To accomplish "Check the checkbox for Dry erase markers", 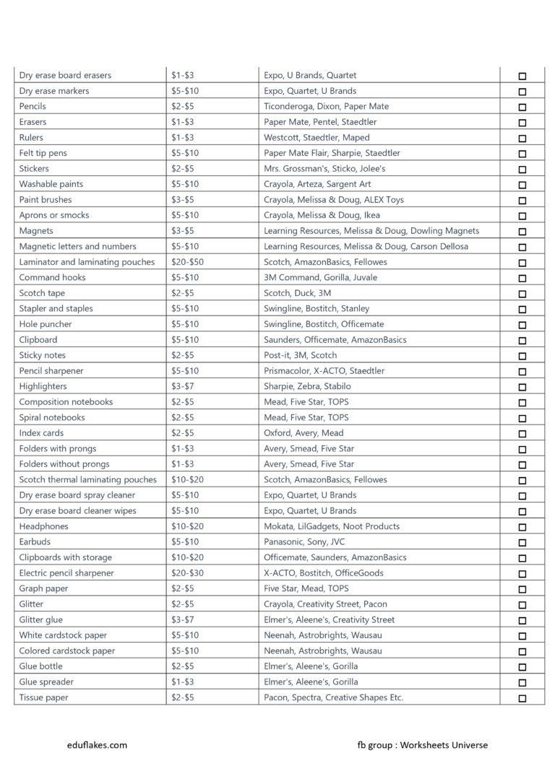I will click(x=522, y=92).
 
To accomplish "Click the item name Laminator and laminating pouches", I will click(x=87, y=262).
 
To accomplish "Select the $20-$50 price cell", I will click(x=187, y=262).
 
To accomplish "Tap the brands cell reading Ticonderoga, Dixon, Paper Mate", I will click(x=326, y=107).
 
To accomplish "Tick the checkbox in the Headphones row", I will click(x=522, y=527).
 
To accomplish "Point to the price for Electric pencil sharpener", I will click(x=187, y=573).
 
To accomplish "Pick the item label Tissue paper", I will click(x=43, y=697).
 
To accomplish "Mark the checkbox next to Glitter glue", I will click(x=522, y=620).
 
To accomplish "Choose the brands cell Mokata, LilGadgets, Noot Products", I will click(x=332, y=526).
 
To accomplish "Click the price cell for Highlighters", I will click(x=182, y=386).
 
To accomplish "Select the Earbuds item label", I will click(x=35, y=541).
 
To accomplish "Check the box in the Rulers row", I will click(x=522, y=138).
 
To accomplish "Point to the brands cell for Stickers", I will click(x=324, y=168).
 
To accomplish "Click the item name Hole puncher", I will click(x=46, y=324).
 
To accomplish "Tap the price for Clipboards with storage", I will click(x=187, y=557).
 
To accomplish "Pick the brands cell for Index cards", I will click(x=304, y=433).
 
